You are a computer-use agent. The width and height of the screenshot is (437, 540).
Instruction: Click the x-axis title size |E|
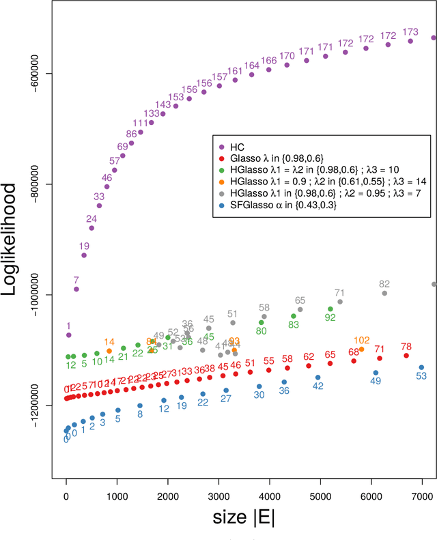(x=244, y=517)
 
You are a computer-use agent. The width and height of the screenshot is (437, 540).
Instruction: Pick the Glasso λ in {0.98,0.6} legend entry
(x=280, y=158)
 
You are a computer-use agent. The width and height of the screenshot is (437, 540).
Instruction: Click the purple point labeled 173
(x=410, y=41)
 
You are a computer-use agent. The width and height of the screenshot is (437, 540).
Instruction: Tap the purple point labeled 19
(x=84, y=255)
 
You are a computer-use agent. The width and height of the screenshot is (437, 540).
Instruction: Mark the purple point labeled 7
(x=76, y=289)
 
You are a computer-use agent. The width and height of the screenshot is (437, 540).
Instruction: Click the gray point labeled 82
(x=384, y=293)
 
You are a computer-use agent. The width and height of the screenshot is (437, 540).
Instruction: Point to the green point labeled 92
(x=330, y=307)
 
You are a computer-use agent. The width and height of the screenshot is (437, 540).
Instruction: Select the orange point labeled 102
(x=361, y=349)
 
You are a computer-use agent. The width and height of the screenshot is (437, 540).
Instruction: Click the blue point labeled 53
(x=421, y=367)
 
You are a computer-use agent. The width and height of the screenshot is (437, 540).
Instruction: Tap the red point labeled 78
(x=406, y=356)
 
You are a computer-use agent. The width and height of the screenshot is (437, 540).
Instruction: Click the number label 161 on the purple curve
(x=235, y=71)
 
